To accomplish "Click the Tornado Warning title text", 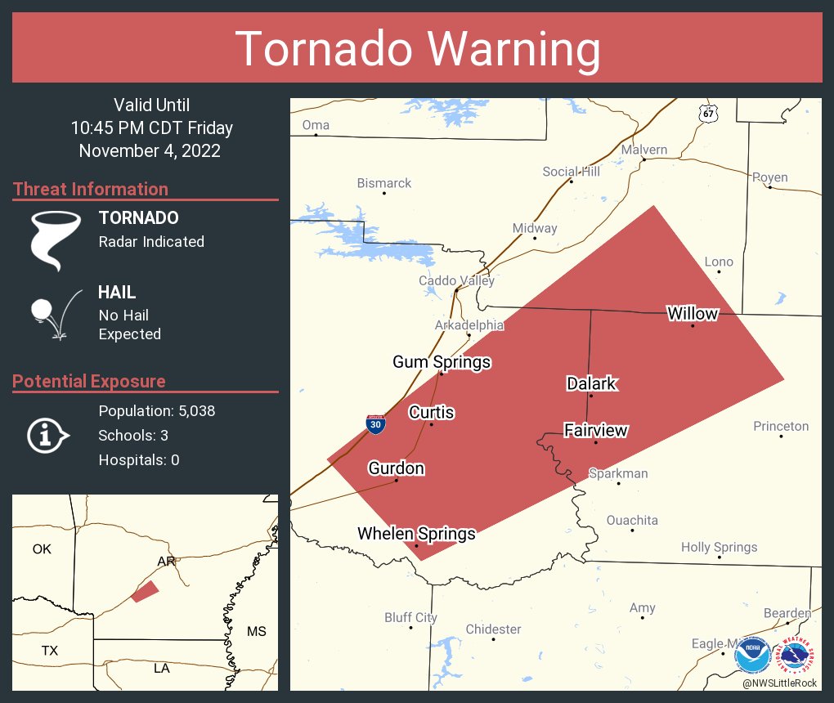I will point(417,48).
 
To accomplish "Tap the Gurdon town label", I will point(396,468).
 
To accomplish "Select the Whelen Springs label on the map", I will point(416,534).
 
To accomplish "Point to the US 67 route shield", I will point(708,114).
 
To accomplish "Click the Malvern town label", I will point(643,150).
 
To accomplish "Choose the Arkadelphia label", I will point(469,325).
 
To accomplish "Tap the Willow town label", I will point(692,313).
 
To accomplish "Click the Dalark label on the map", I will point(591,383).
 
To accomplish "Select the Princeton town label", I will point(781,426).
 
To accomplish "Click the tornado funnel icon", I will point(56,240).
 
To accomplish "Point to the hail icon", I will point(56,313).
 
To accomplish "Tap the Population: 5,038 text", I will point(157,411).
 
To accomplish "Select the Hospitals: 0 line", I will point(139,460).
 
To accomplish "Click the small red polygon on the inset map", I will point(145,592).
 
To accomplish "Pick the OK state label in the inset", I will point(42,549).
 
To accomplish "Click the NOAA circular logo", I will point(752,655).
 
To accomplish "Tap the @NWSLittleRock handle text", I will point(781,683).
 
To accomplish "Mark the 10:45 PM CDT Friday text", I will point(151,128).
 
